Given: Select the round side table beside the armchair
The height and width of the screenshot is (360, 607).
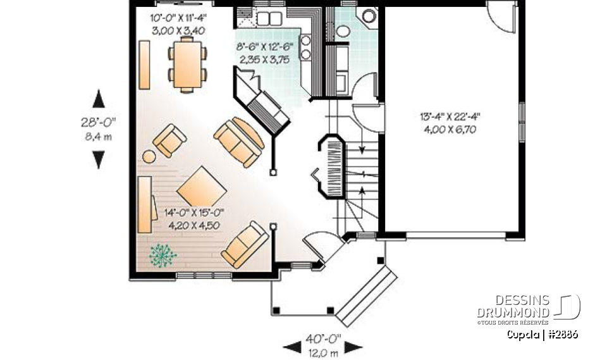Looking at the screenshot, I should pos(149,156).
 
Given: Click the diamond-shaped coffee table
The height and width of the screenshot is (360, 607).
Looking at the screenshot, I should pos(201,187).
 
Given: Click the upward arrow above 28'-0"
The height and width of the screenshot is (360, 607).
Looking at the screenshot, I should pos(99,99).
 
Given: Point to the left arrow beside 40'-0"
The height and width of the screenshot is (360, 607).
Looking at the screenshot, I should pos(291,346).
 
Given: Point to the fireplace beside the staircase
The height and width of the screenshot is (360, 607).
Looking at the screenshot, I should pos(331,167).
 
